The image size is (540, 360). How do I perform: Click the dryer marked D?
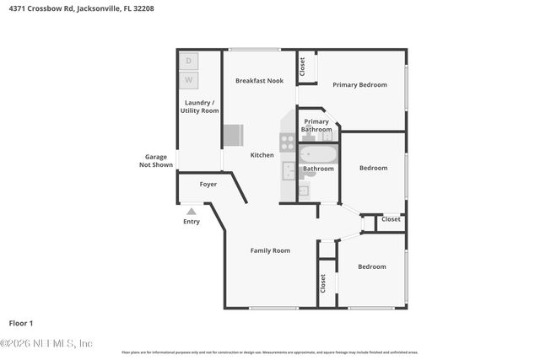point(189,61)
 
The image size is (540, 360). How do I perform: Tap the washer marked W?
point(189,81)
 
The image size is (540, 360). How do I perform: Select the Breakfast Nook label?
point(259,81)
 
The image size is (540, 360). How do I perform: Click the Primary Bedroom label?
point(359,84)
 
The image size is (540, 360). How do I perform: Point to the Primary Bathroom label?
point(317,125)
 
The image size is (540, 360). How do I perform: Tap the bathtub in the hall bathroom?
point(319,154)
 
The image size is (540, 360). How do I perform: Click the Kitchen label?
point(262,155)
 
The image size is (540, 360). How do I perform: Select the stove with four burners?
point(288,142)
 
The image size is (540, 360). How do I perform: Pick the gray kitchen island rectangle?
point(233,136)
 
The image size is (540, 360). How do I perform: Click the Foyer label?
point(208,184)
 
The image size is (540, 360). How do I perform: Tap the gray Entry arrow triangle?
point(192,212)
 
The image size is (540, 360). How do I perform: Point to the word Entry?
point(192,222)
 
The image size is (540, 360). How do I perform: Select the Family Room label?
point(270,250)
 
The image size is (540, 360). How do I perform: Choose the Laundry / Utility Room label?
point(199,106)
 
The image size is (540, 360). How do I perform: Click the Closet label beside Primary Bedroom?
point(302,66)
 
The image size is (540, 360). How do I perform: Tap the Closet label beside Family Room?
point(322,283)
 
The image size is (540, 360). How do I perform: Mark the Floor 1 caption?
point(21,323)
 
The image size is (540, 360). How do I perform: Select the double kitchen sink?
point(289,171)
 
